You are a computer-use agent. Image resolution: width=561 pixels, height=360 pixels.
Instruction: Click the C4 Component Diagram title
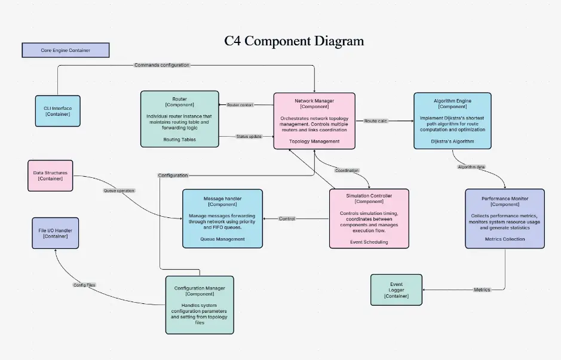294,41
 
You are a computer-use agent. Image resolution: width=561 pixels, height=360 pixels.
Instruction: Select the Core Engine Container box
66,50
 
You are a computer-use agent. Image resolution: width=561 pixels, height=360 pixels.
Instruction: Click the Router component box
179,119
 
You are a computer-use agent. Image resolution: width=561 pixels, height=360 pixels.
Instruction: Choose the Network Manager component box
314,121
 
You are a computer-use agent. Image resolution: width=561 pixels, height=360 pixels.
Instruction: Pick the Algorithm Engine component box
452,121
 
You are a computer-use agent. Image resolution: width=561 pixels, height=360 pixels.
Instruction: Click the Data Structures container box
50,176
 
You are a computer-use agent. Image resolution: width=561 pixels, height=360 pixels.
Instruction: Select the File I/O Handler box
55,232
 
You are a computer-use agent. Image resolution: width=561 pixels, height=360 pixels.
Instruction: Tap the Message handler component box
222,219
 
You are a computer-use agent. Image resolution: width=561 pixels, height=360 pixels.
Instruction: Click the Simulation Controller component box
369,218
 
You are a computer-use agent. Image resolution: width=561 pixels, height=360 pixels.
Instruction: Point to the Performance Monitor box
505,218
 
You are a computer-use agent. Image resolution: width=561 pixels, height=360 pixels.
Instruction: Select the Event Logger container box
396,290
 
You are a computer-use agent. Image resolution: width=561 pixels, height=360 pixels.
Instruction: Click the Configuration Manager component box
200,304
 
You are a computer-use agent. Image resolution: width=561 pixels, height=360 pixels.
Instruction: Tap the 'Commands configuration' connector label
161,65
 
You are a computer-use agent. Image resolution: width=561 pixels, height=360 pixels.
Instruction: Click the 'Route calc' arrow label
375,121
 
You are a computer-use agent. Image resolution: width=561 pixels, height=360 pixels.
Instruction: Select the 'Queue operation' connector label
119,190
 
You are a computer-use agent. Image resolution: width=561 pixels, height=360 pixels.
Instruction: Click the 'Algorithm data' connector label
471,167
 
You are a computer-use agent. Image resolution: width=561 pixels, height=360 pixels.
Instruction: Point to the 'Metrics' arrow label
482,290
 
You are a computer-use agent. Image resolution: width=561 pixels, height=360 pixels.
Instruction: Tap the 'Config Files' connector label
84,285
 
